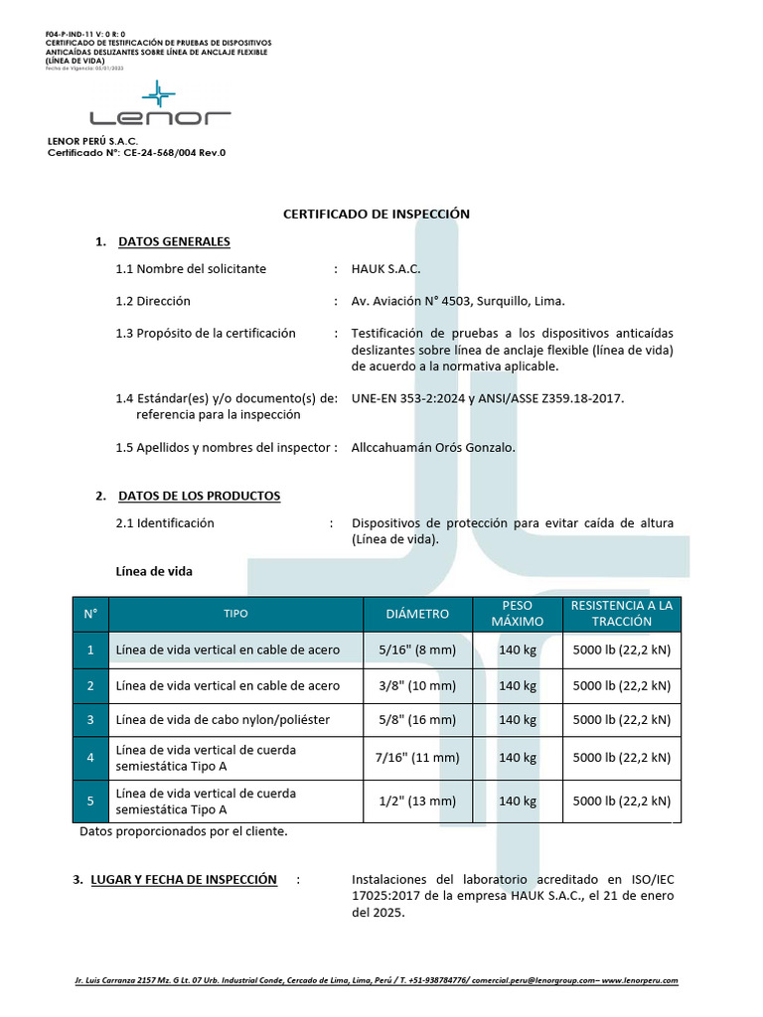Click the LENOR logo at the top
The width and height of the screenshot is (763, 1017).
158,108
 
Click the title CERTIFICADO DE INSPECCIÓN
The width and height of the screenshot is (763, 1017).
377,214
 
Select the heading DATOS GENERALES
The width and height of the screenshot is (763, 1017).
174,241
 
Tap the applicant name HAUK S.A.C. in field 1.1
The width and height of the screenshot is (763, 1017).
386,269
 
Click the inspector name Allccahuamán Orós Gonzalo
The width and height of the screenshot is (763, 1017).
433,448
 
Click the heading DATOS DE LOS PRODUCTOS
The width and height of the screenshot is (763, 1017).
199,496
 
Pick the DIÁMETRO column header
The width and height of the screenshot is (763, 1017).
417,614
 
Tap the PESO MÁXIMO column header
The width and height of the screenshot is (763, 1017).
517,614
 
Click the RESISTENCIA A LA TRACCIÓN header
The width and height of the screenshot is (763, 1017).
622,614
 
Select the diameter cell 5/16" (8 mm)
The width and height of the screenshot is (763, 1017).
417,651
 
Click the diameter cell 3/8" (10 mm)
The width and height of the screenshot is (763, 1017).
417,685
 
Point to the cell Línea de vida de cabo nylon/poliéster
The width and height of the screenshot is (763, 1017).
223,719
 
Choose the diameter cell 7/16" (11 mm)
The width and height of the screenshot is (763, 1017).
417,757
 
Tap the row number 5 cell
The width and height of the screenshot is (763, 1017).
90,800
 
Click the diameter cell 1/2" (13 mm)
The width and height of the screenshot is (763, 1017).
417,800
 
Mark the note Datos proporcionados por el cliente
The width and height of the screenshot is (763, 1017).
184,831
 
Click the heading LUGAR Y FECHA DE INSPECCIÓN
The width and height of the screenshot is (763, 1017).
183,880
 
